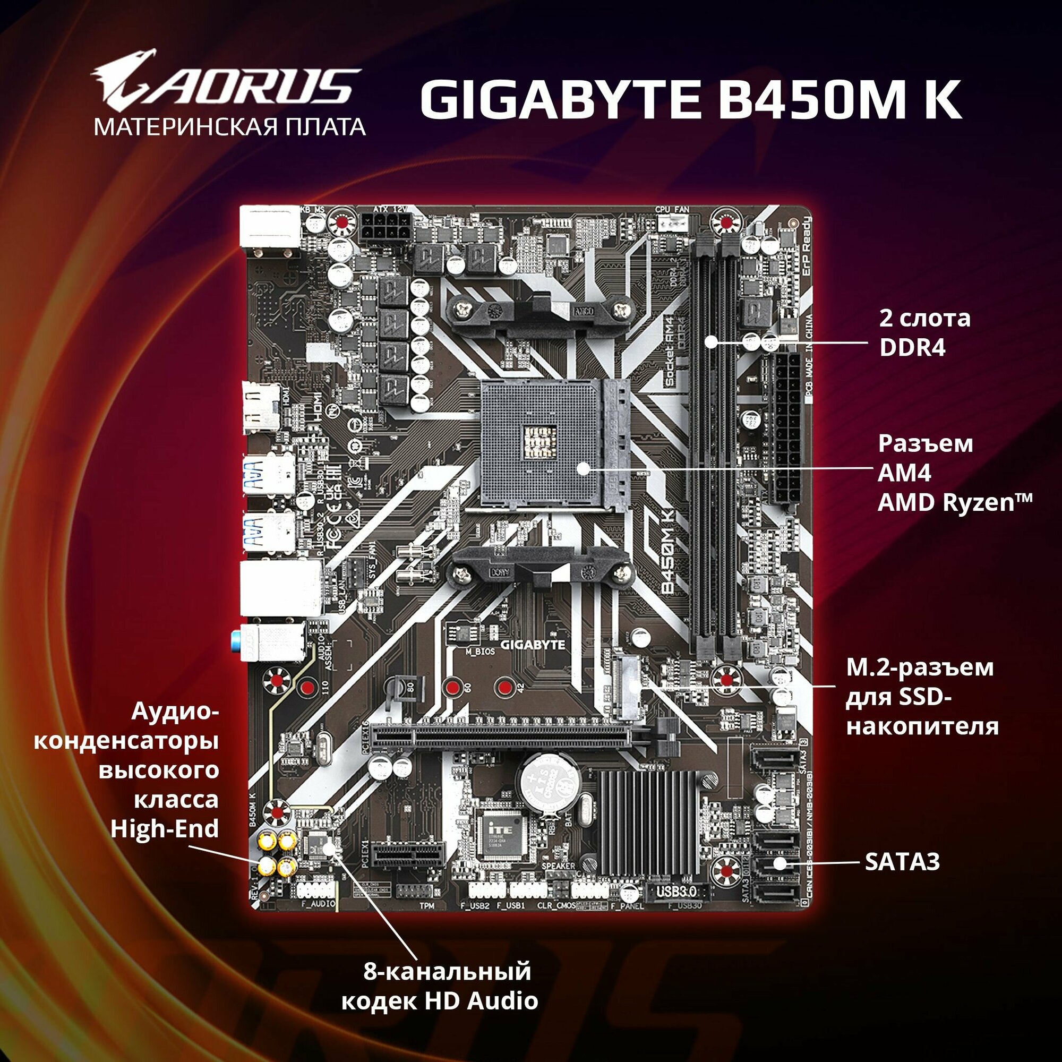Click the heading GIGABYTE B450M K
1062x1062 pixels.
pos(690,99)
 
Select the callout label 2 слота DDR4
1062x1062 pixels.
pos(924,332)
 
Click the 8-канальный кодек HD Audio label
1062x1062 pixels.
pos(440,986)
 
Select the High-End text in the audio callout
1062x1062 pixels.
pos(165,828)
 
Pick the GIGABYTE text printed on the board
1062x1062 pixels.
pos(533,645)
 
